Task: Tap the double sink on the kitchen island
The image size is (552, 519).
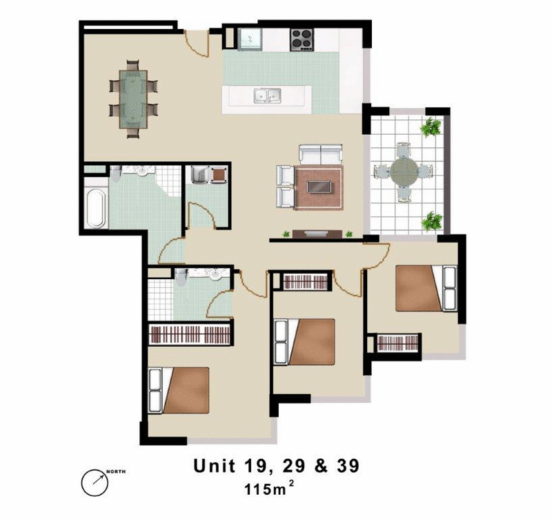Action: coord(266,96)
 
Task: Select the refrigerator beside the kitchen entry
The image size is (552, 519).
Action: coord(250,39)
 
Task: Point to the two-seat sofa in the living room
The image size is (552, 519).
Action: coord(320,154)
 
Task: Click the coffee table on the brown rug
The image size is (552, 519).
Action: coord(319,187)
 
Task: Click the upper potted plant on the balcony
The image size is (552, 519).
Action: coord(432,127)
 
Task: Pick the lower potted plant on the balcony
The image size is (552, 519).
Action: coord(432,221)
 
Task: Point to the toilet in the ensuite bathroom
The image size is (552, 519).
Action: coord(182,279)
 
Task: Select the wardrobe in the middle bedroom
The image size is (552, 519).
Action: coord(304,282)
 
